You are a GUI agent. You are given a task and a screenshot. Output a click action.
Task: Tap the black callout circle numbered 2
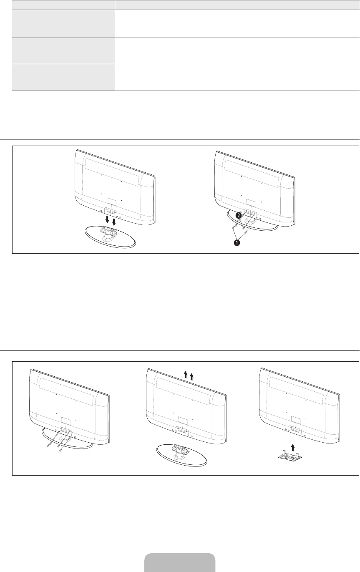tap(238, 216)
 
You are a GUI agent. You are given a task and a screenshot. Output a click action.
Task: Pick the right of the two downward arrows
tap(114, 219)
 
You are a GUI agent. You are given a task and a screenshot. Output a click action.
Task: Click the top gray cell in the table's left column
tap(63, 24)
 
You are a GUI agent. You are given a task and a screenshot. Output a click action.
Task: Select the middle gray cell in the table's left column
tap(63, 50)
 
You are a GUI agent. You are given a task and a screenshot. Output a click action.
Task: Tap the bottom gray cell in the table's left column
tap(63, 77)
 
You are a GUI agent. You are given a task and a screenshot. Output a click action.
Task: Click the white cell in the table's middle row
tap(237, 50)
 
